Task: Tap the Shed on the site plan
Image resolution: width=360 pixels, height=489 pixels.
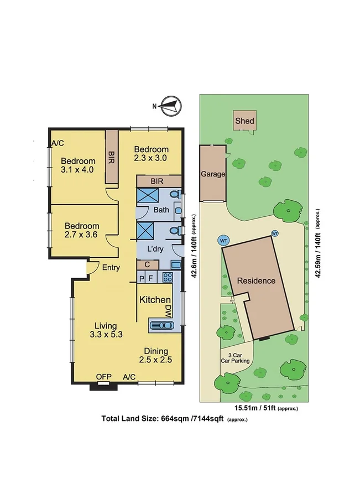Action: coord(244,121)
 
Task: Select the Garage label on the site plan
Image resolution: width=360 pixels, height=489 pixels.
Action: coord(213,174)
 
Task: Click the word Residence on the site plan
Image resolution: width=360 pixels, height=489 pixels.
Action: coord(256,280)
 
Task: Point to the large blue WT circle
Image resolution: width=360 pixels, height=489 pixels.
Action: coord(223,241)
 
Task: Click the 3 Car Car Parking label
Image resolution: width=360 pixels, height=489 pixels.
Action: coord(236,357)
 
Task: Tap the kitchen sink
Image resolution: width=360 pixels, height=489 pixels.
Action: coord(161,325)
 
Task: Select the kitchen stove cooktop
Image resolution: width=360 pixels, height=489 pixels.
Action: coord(167,277)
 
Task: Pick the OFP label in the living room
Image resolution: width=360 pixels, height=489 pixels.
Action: coord(104,377)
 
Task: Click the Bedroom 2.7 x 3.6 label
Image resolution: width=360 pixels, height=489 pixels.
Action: coord(82,230)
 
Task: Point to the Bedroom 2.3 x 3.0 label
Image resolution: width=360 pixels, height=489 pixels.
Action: coord(151,153)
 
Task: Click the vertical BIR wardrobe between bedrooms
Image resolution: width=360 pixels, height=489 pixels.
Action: coord(112,157)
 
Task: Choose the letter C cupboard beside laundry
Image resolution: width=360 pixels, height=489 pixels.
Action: coord(148,265)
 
